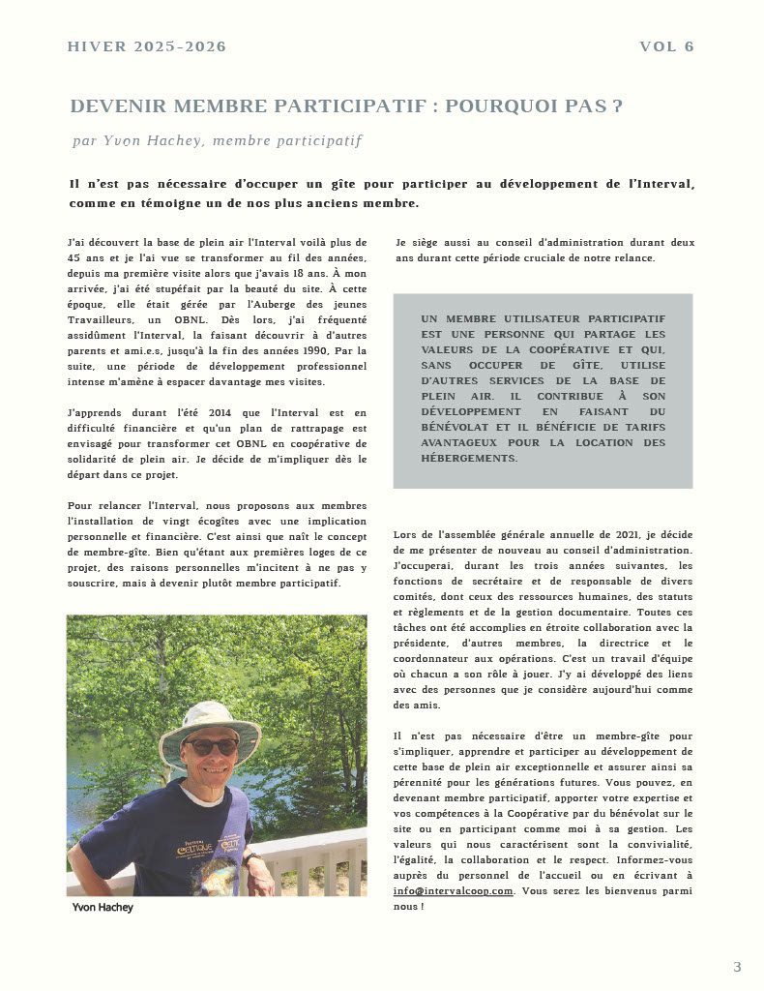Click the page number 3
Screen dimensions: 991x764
pyautogui.click(x=737, y=966)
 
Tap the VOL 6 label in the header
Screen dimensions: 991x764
pyautogui.click(x=666, y=46)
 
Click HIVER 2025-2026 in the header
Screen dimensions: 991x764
pyautogui.click(x=147, y=46)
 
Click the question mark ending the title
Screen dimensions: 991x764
pyautogui.click(x=617, y=106)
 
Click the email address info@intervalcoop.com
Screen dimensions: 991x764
pyautogui.click(x=453, y=890)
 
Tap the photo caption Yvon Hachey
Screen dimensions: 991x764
pyautogui.click(x=103, y=907)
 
